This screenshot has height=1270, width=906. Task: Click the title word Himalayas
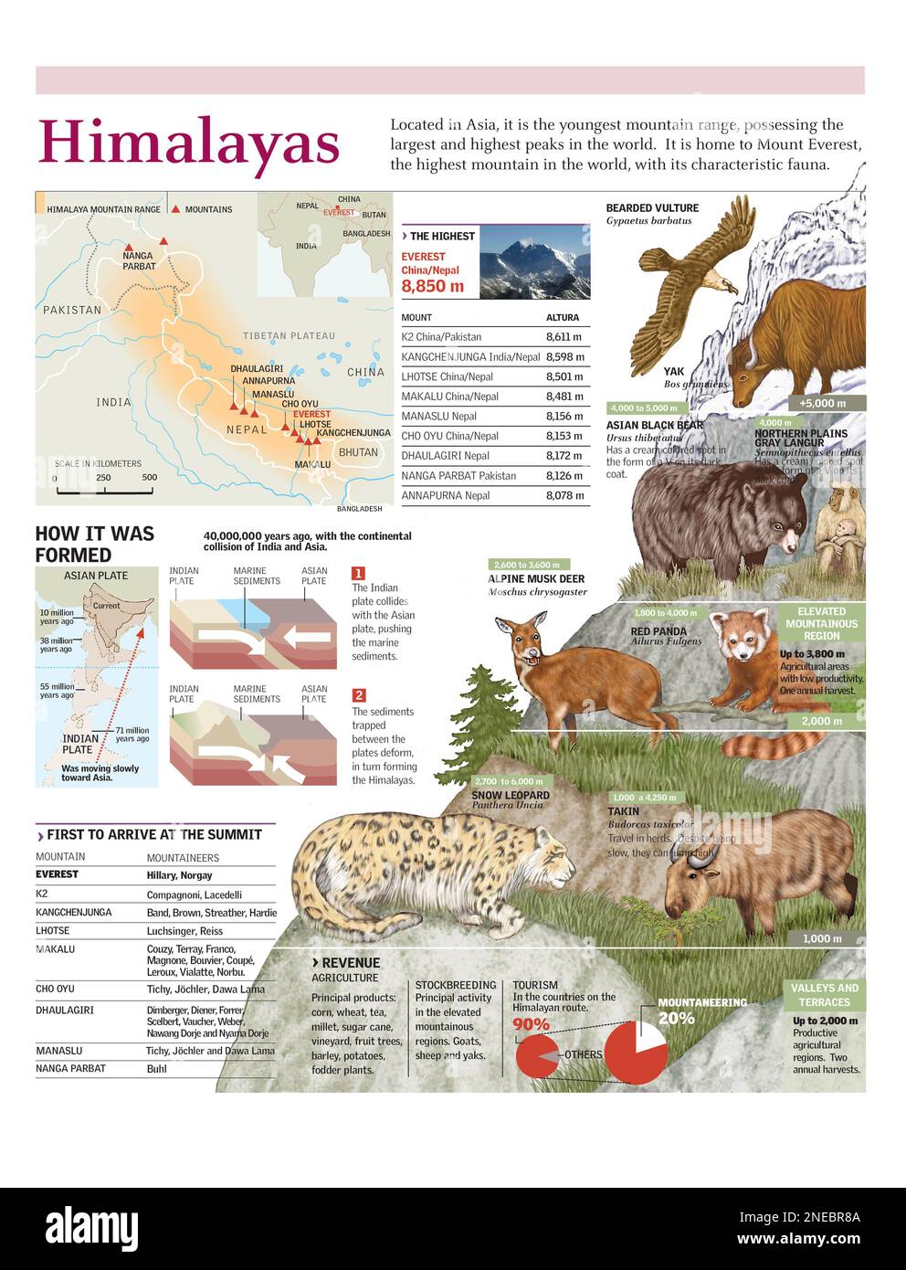pyautogui.click(x=188, y=143)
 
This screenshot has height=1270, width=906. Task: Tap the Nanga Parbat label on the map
pyautogui.click(x=139, y=262)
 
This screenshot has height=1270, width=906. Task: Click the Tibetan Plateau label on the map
pyautogui.click(x=289, y=336)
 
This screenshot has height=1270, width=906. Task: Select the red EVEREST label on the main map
pyautogui.click(x=311, y=415)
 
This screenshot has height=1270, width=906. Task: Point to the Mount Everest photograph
pyautogui.click(x=534, y=262)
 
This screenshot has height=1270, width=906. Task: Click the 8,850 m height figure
pyautogui.click(x=432, y=287)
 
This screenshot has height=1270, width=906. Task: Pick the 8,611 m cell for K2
pyautogui.click(x=564, y=337)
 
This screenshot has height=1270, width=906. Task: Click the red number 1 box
pyautogui.click(x=359, y=574)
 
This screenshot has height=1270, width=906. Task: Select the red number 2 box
pyautogui.click(x=359, y=696)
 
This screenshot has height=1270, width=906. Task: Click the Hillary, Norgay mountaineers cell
pyautogui.click(x=180, y=875)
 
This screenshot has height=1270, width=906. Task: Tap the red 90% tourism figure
pyautogui.click(x=532, y=1024)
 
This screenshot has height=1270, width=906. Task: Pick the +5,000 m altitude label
pyautogui.click(x=822, y=403)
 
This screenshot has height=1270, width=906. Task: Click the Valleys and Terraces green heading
pyautogui.click(x=824, y=995)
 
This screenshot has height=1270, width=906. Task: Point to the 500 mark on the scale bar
pyautogui.click(x=150, y=478)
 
